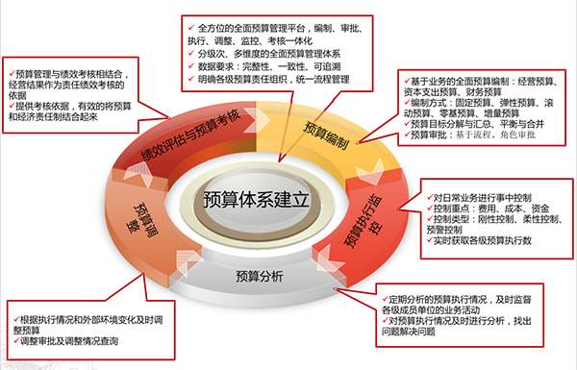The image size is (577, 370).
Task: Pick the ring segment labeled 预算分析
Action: (259, 278)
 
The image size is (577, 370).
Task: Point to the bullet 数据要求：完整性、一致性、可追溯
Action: (261, 68)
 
